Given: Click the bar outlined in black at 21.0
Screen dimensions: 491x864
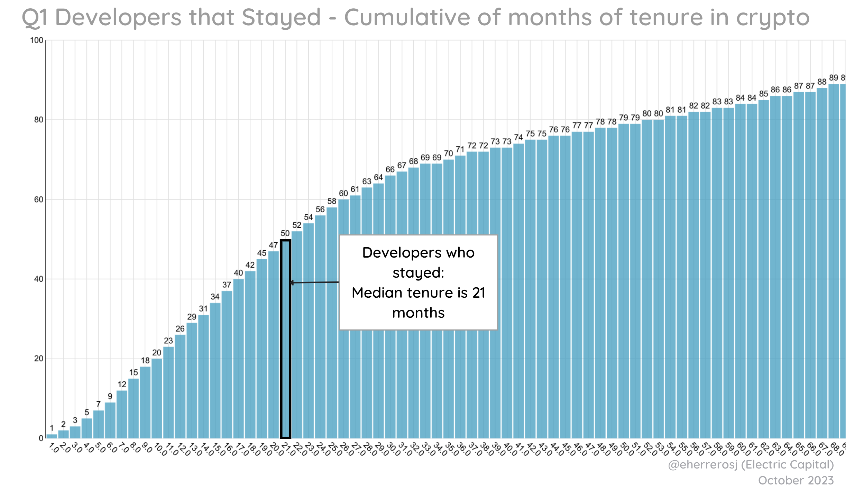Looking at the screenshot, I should [x=285, y=339].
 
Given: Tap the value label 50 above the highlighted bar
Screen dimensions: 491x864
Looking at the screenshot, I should [x=285, y=233].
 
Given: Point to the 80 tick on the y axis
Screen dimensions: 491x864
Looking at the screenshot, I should [x=38, y=120].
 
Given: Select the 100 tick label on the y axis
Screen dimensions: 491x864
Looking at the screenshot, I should [x=37, y=40].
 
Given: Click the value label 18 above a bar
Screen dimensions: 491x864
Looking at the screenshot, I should [x=145, y=361].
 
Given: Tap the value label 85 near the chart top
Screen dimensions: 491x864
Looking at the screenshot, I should [x=764, y=94].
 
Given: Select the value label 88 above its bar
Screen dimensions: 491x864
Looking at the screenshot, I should [x=822, y=82].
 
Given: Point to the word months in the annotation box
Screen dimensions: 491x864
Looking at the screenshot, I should [x=418, y=313].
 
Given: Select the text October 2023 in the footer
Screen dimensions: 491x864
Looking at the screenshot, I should [x=796, y=481].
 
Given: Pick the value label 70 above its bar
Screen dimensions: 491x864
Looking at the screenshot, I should [x=449, y=154].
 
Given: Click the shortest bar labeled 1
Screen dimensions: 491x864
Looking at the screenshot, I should [x=52, y=436].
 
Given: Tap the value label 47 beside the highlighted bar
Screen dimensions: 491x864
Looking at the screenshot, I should [x=273, y=245].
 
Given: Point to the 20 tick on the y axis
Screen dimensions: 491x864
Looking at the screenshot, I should [x=38, y=359].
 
